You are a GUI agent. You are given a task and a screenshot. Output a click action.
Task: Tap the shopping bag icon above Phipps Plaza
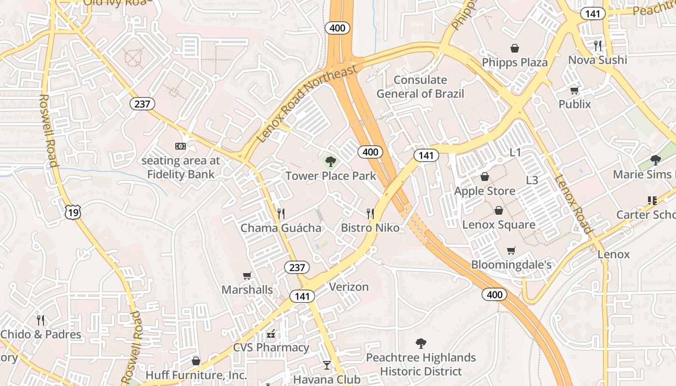(x=515, y=48)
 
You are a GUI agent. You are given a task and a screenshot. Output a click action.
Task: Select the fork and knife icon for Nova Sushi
(x=598, y=46)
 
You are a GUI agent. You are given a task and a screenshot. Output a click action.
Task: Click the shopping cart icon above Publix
(x=575, y=90)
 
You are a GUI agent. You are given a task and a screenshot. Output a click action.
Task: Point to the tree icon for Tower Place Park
(x=330, y=162)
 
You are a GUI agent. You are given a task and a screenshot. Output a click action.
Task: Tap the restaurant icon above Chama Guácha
(x=281, y=213)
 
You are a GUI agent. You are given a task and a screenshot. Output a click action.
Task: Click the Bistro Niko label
(x=370, y=228)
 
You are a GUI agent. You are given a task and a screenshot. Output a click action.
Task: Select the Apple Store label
(x=485, y=191)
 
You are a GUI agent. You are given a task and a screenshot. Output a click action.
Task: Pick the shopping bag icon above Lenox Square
(x=499, y=210)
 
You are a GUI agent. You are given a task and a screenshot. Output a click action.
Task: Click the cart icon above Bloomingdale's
(x=511, y=250)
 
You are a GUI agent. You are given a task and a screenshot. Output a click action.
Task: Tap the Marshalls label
(x=247, y=290)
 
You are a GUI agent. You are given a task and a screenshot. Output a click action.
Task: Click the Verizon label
(x=349, y=287)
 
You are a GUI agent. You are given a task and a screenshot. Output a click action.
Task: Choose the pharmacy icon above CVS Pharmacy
(x=271, y=333)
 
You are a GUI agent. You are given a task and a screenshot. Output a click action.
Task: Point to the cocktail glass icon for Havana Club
(x=327, y=365)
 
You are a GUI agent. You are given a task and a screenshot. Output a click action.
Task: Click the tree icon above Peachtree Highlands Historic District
(x=421, y=344)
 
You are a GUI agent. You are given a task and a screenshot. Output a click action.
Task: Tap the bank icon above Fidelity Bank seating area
(x=180, y=146)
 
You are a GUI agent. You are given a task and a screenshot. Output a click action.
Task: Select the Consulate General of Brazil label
(x=420, y=87)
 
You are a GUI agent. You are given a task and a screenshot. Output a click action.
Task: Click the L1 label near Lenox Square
(x=516, y=152)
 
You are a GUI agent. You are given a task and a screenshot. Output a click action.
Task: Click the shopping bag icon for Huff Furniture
(x=196, y=361)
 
